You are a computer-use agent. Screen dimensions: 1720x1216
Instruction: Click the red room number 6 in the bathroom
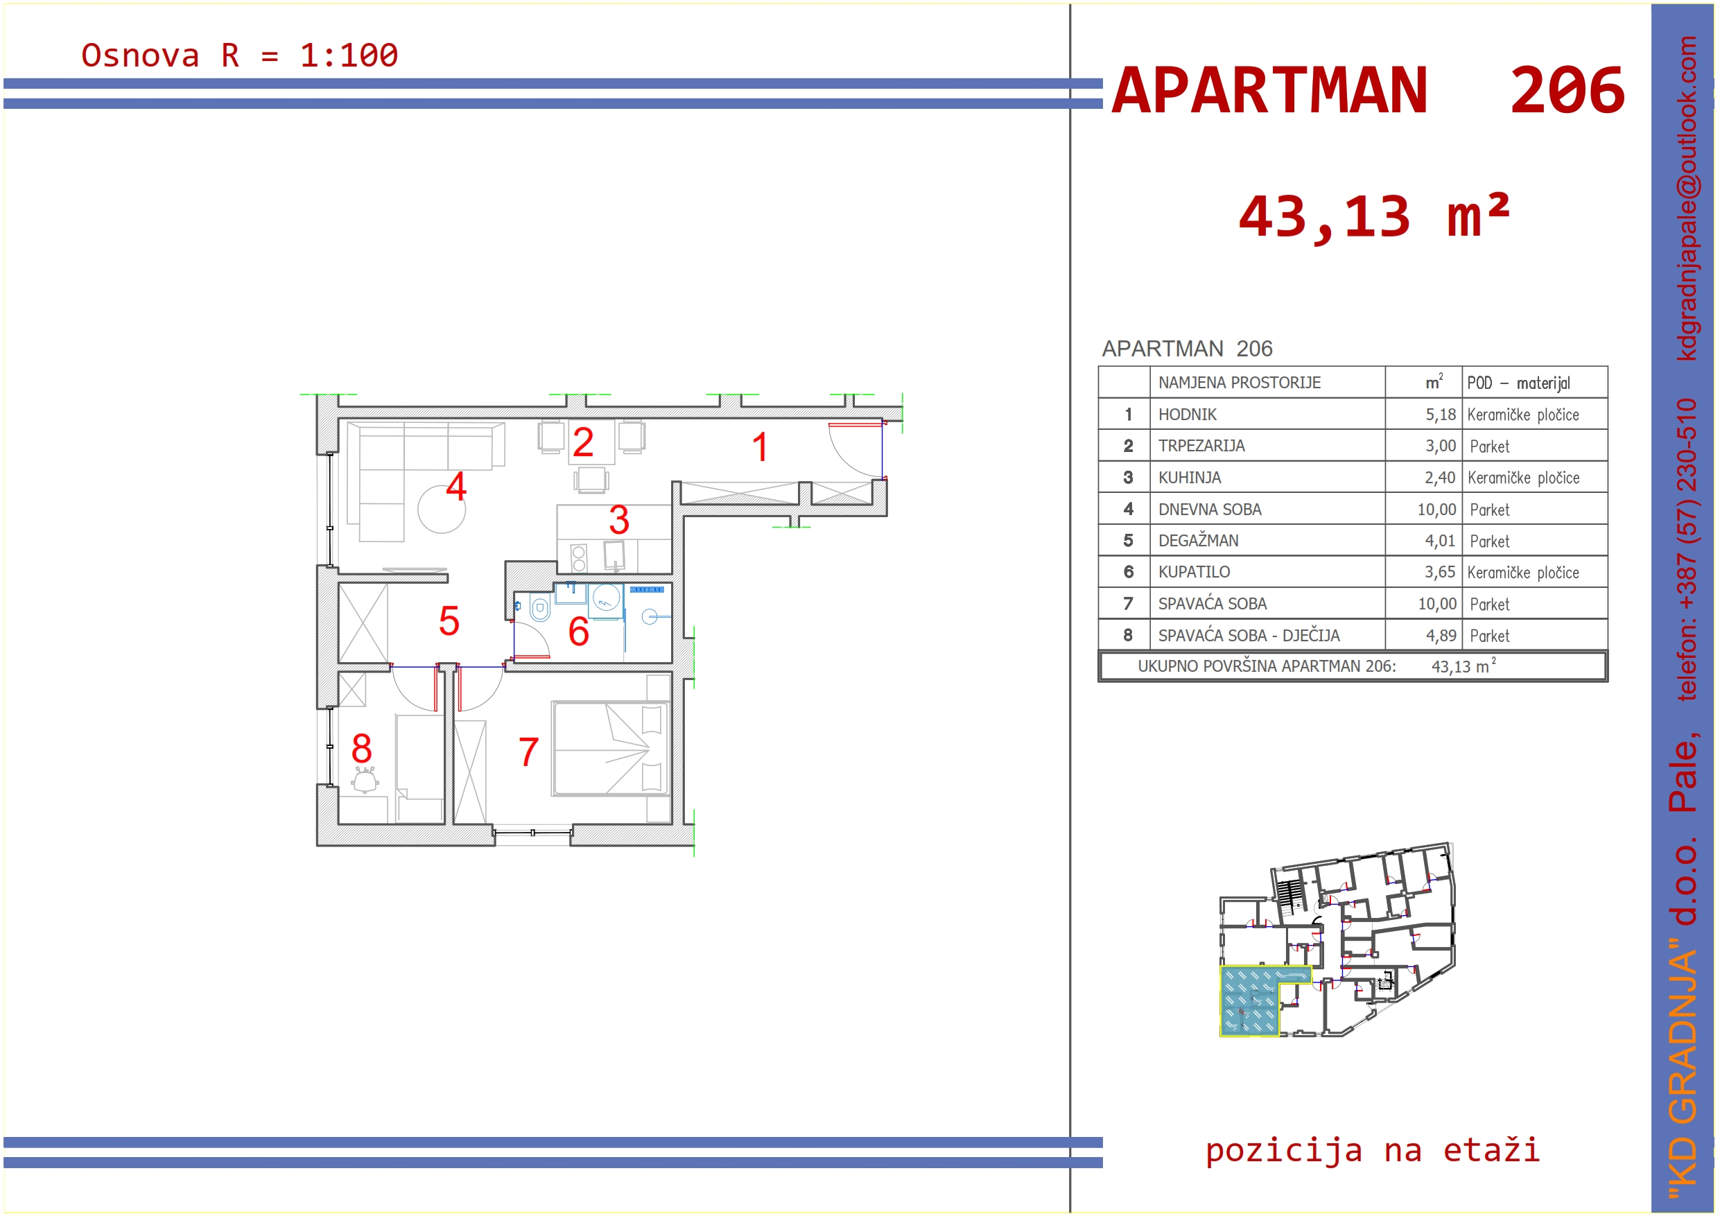click(x=578, y=631)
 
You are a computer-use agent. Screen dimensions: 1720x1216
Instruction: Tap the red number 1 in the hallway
click(x=760, y=446)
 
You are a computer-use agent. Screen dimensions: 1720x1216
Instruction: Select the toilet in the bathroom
click(x=539, y=607)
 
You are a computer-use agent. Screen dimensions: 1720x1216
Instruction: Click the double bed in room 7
click(x=610, y=748)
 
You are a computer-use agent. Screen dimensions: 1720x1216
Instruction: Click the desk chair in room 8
click(x=365, y=780)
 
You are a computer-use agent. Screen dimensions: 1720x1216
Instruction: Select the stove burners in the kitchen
click(x=578, y=558)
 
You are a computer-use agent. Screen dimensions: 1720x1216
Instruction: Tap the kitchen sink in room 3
click(x=614, y=555)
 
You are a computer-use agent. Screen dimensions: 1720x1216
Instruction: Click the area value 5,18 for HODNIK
click(x=1440, y=415)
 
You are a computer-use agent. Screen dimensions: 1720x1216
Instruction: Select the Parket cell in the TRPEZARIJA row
click(x=1489, y=446)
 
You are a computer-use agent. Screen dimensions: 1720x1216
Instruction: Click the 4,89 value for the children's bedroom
click(x=1441, y=635)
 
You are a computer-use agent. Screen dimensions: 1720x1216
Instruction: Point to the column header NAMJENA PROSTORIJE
click(x=1239, y=383)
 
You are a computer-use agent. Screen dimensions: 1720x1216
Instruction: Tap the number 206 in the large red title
click(x=1567, y=91)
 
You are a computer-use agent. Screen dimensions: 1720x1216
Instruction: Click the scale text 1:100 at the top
click(x=349, y=55)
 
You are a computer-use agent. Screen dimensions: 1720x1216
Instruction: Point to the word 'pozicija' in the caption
click(x=1283, y=1149)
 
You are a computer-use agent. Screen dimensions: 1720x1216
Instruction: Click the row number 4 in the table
click(x=1127, y=510)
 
